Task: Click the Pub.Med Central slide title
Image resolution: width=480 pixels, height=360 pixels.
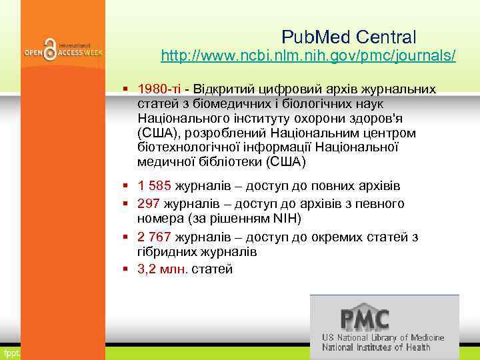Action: [x=349, y=36]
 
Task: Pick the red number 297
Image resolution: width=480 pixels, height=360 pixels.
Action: [x=148, y=203]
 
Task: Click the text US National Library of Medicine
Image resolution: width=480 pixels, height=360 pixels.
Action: [x=383, y=338]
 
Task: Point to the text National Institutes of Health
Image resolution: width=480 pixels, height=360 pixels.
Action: [x=377, y=347]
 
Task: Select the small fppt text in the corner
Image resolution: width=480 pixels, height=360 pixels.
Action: [x=10, y=352]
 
